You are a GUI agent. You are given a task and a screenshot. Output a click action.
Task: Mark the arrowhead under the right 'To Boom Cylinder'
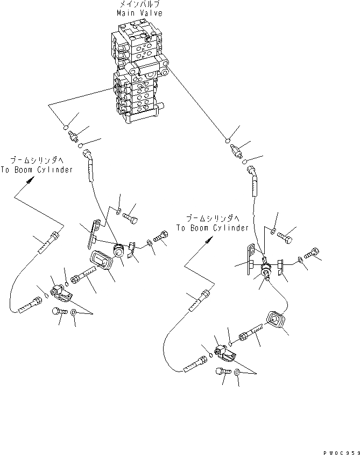click(207, 243)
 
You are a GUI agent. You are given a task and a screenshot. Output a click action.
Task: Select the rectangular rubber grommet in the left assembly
click(101, 263)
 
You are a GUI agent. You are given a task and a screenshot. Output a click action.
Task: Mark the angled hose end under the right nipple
click(254, 176)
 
